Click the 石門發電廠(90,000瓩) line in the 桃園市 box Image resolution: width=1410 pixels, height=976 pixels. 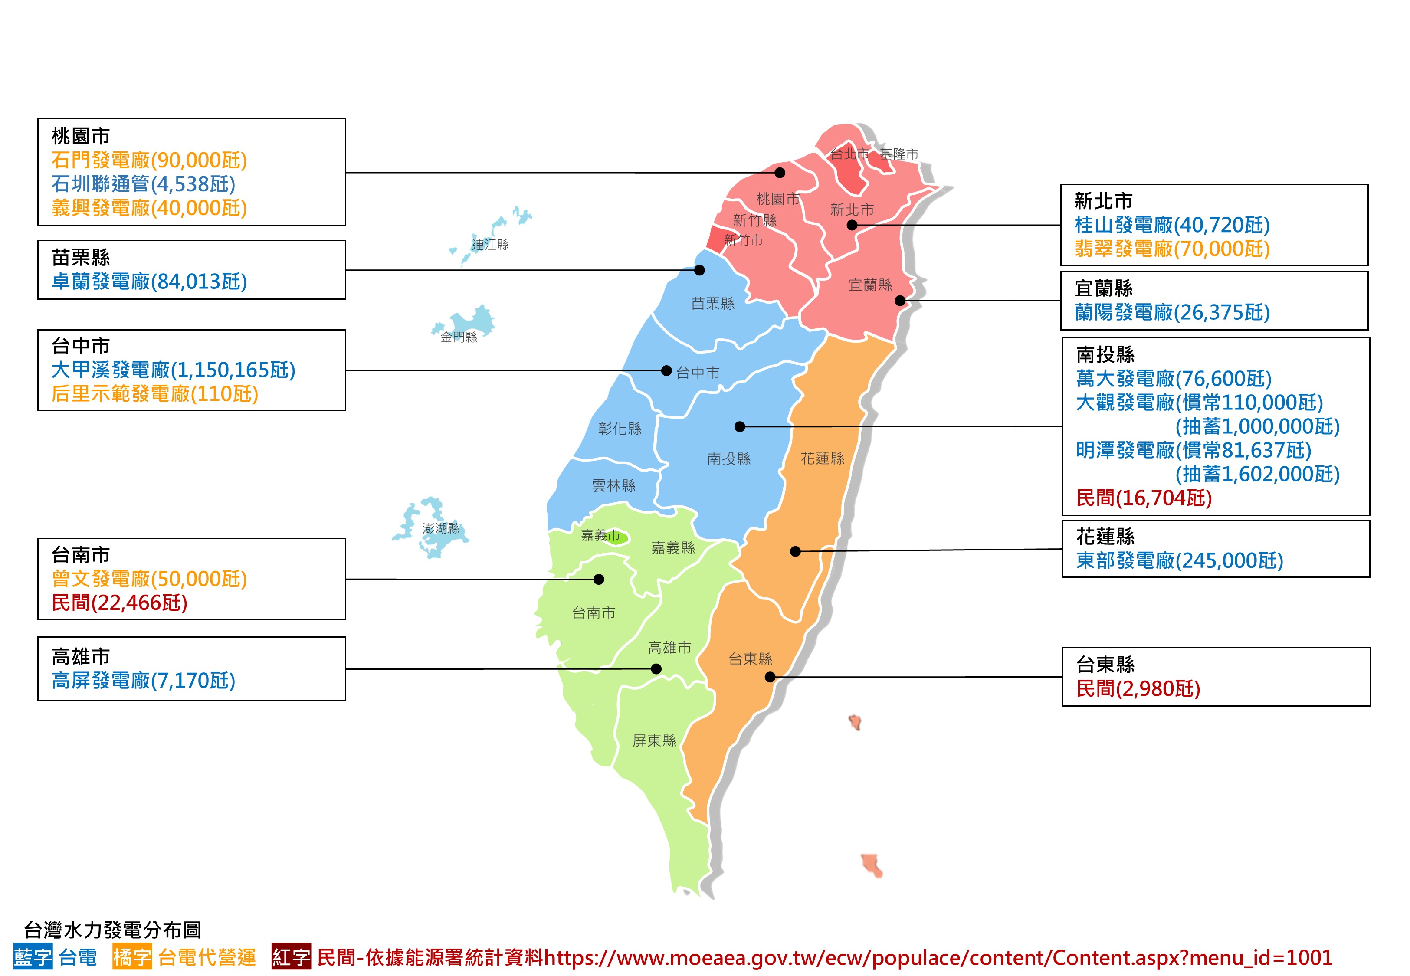tap(149, 160)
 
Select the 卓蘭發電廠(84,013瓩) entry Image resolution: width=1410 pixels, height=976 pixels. tap(149, 282)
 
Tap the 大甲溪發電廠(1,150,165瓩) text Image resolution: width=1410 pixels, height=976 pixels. tap(173, 370)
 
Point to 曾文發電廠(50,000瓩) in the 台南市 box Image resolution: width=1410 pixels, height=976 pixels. tap(149, 579)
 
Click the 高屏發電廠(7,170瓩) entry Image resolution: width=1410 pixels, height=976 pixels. tap(143, 680)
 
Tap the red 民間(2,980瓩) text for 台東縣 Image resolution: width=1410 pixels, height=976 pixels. tap(1138, 688)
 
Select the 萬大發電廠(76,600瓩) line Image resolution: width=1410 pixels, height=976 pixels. tap(1174, 379)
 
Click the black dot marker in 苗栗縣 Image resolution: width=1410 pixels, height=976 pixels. tap(699, 270)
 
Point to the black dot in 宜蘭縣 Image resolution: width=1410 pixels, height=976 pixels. tap(900, 300)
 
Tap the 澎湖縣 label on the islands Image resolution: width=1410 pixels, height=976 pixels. tap(441, 528)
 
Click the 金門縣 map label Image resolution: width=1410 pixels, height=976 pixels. tap(459, 337)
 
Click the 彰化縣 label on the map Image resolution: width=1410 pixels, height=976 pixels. tap(620, 429)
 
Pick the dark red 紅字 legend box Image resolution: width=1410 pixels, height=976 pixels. tap(291, 957)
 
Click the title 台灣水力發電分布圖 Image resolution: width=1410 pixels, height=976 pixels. tap(112, 930)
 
